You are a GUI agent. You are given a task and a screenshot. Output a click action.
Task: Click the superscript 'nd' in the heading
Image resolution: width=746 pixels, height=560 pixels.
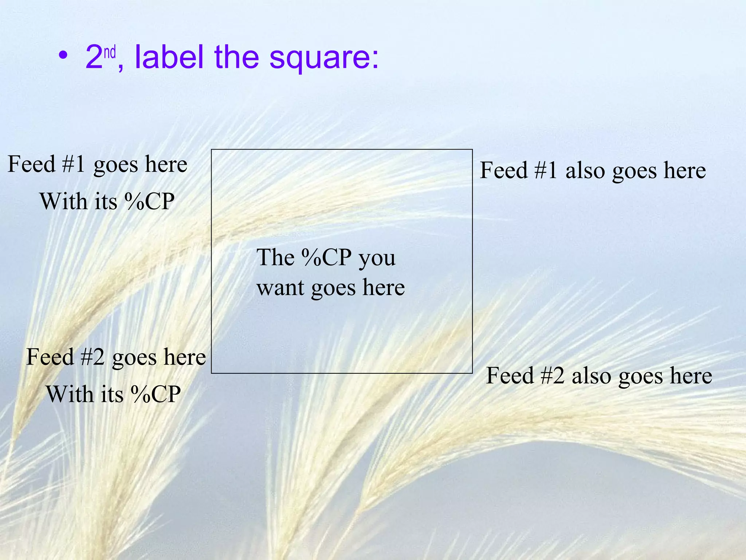110,53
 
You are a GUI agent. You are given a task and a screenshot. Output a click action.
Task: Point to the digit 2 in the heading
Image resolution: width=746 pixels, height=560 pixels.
94,57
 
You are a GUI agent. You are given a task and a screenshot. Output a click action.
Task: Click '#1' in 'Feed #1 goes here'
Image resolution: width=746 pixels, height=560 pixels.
73,164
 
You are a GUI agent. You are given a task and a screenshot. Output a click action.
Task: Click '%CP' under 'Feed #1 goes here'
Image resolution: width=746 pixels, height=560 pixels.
149,201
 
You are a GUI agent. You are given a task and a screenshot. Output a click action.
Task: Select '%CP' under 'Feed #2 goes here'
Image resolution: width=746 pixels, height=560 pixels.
156,394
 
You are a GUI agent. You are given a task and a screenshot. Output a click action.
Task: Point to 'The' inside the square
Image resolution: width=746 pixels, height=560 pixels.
275,257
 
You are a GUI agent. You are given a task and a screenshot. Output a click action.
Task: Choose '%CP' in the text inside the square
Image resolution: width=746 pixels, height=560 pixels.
326,257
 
